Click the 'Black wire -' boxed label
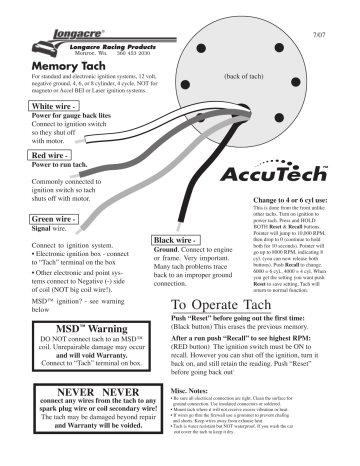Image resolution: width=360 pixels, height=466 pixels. coord(177,242)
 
